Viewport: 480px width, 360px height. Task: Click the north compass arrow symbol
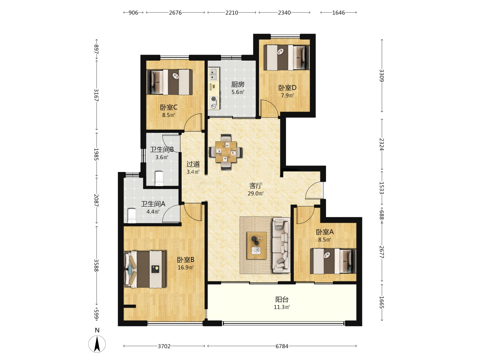coord(97,344)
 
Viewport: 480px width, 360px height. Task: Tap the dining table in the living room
coord(226,152)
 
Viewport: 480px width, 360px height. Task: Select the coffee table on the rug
coord(257,245)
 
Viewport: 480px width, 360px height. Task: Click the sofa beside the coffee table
coord(281,245)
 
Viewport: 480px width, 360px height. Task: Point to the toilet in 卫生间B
coord(159,178)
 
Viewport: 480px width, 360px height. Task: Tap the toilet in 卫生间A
coord(132,216)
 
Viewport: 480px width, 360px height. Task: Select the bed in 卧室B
coord(145,269)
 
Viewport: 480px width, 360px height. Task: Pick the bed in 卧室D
coord(286,57)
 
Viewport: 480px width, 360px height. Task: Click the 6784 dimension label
coord(282,346)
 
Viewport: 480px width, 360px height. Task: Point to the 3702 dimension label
coord(164,346)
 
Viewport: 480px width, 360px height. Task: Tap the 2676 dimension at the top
coord(175,13)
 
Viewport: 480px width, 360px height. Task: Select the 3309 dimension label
coord(382,75)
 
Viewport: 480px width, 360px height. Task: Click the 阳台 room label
coord(282,299)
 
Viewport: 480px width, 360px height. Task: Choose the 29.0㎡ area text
coord(255,193)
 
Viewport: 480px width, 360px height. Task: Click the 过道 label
coord(193,164)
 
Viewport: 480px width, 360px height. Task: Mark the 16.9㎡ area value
coord(185,267)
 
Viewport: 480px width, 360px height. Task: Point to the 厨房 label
coord(238,84)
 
